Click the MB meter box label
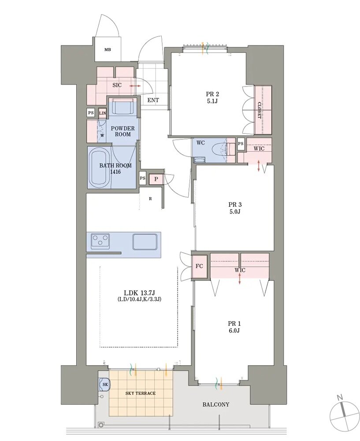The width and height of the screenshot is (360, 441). pyautogui.click(x=108, y=50)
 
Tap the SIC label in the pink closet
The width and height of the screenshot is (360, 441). pyautogui.click(x=117, y=85)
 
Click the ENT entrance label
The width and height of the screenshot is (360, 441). pyautogui.click(x=153, y=100)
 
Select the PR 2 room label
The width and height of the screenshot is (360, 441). pyautogui.click(x=212, y=97)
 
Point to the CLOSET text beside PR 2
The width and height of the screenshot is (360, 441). pyautogui.click(x=259, y=110)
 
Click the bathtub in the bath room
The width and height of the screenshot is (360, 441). pyautogui.click(x=99, y=168)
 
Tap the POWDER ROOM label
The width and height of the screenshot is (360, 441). pyautogui.click(x=123, y=131)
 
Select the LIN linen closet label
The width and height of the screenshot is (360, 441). pyautogui.click(x=103, y=113)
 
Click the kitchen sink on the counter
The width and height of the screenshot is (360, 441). pyautogui.click(x=145, y=241)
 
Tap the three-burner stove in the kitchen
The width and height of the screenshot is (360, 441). pyautogui.click(x=100, y=241)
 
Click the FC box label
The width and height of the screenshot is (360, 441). pyautogui.click(x=199, y=266)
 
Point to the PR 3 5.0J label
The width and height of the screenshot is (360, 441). pyautogui.click(x=235, y=208)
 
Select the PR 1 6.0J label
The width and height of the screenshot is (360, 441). pyautogui.click(x=234, y=327)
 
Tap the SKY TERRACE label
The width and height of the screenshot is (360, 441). pyautogui.click(x=141, y=393)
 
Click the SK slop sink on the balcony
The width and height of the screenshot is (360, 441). pyautogui.click(x=105, y=384)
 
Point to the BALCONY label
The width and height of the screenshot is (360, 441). pyautogui.click(x=216, y=404)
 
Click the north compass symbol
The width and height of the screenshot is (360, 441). pyautogui.click(x=345, y=411)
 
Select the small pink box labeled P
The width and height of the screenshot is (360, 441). pyautogui.click(x=156, y=179)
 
